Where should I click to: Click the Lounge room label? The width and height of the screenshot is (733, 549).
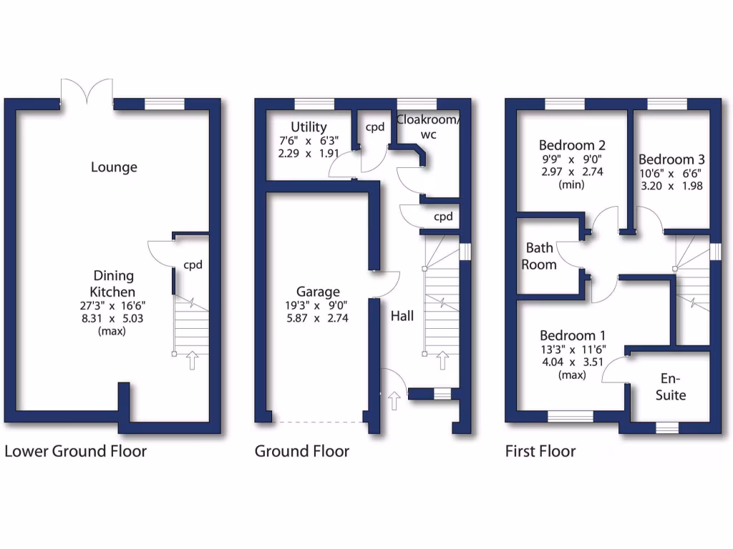(x=114, y=167)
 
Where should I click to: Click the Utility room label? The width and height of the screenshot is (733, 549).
(x=309, y=127)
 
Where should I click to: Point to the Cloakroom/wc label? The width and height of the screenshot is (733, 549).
(x=428, y=126)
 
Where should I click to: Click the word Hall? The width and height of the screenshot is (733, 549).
(x=402, y=315)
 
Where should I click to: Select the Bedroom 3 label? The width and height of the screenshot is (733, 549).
(x=666, y=159)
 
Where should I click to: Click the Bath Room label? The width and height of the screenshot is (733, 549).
(x=540, y=256)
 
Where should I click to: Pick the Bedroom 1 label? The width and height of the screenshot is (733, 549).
(x=568, y=335)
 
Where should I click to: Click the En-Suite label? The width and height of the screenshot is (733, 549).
(x=671, y=387)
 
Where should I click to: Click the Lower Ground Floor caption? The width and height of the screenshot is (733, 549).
(x=75, y=451)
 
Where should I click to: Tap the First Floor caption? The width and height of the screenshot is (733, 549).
(x=540, y=451)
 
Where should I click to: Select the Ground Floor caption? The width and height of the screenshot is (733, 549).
(x=302, y=451)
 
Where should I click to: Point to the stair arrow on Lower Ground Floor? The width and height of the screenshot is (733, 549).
(x=192, y=360)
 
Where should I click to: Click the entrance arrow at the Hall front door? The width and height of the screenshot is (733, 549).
(x=393, y=400)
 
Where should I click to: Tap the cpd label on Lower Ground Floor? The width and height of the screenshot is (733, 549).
(x=193, y=264)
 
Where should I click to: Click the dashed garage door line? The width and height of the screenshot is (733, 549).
(x=318, y=422)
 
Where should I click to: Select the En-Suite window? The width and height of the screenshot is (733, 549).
(x=667, y=427)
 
